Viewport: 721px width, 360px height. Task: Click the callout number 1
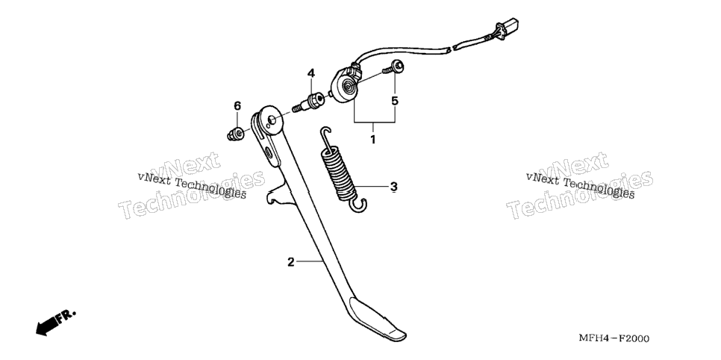(x=373, y=139)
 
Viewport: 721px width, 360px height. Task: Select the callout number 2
(x=290, y=262)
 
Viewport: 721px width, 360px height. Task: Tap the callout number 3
(x=393, y=187)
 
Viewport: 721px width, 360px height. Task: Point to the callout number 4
(x=311, y=72)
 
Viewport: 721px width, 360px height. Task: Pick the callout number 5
(x=395, y=101)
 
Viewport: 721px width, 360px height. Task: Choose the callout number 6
(x=237, y=106)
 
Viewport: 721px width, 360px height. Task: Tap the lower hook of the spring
(x=358, y=205)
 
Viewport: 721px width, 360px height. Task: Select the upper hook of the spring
(x=325, y=134)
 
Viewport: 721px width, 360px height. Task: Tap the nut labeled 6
(x=235, y=134)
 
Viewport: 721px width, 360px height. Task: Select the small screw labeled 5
(x=393, y=68)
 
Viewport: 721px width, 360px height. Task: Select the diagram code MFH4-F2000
(x=614, y=339)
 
